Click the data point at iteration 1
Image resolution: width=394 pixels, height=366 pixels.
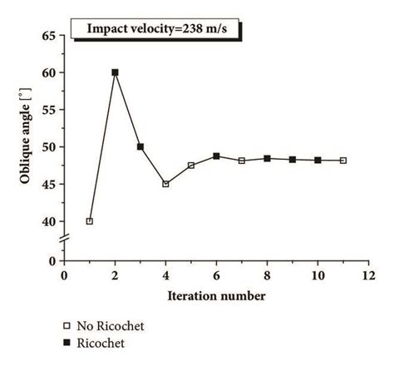[90, 221]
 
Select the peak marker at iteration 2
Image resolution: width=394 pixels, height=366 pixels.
[115, 72]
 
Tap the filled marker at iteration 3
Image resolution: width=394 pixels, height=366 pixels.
[140, 147]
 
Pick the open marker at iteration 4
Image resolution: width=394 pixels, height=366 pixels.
[165, 184]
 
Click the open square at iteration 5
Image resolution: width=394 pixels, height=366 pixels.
[191, 166]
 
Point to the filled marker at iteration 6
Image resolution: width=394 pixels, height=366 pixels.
[216, 156]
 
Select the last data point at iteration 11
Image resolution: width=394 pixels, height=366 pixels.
[342, 161]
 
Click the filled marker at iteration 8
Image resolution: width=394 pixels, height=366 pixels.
[267, 158]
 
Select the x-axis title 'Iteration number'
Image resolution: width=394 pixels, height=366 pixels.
[216, 295]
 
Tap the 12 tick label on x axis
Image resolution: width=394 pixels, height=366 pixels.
[367, 275]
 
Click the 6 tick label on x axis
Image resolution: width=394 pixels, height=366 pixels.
[216, 275]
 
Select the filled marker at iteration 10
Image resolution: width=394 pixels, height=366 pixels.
[318, 160]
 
